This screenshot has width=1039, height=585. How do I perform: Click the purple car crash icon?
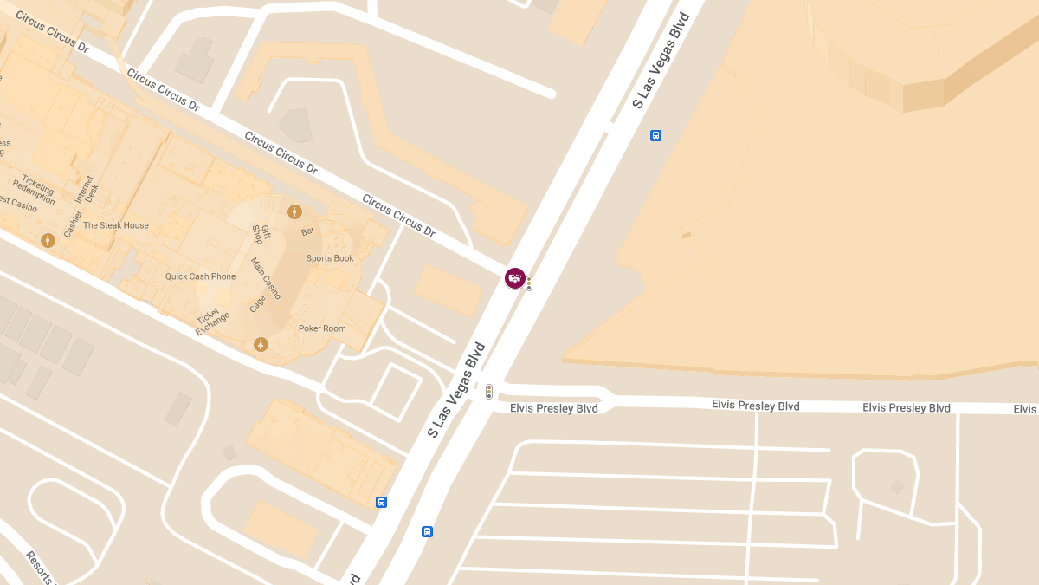pos(515,278)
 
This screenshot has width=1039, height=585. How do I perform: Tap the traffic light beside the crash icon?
pos(529,283)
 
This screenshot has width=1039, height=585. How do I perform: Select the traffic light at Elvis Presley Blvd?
pos(489,392)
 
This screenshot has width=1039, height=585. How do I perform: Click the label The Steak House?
pos(116,225)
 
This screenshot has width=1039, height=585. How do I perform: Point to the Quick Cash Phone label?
pos(200,276)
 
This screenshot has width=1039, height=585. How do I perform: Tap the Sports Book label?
pos(330,258)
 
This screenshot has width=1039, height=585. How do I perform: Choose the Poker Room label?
pos(322,328)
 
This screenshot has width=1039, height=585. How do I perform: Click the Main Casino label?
pos(266,278)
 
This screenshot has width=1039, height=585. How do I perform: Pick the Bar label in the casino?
pos(307,232)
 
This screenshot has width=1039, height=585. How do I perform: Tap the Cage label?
pos(257,303)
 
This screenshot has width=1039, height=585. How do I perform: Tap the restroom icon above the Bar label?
pos(294,211)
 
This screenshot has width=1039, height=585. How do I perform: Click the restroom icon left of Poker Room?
pos(261,345)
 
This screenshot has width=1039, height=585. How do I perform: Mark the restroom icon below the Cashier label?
pos(48,240)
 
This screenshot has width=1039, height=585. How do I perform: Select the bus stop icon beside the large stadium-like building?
pos(655,135)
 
